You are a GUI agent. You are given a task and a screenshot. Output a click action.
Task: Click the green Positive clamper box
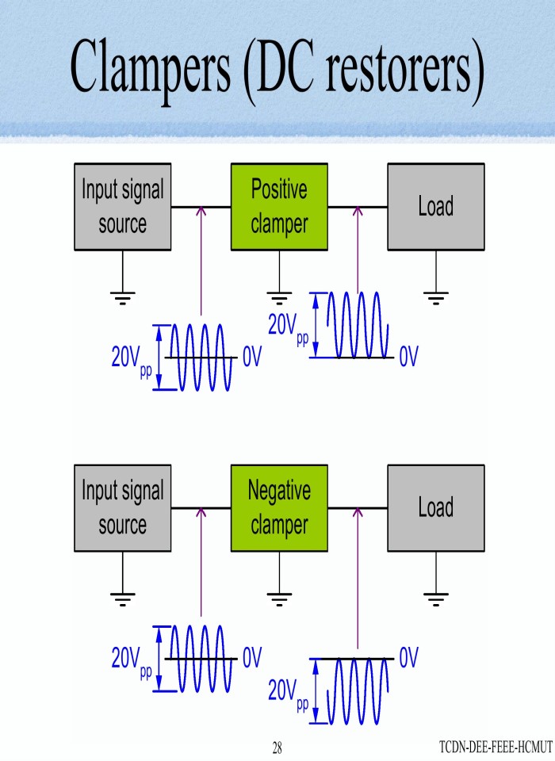(x=278, y=207)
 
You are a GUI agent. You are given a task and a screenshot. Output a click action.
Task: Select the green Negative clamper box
(x=278, y=508)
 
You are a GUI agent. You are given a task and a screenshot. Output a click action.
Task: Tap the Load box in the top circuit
(x=435, y=207)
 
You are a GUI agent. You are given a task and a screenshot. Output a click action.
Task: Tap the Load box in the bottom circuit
(x=435, y=508)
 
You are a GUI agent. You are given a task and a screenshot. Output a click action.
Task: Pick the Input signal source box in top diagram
(x=122, y=207)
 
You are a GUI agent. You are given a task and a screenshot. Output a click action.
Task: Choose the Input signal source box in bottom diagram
(x=122, y=508)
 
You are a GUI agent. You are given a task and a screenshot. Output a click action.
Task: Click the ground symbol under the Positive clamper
(x=278, y=297)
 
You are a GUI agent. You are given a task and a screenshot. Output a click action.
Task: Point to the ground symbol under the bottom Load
(x=435, y=598)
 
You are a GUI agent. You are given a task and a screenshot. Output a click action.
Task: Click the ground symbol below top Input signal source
(x=122, y=297)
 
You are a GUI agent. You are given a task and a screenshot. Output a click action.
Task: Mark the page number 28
(x=277, y=748)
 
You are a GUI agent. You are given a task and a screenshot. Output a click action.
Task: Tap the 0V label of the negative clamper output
(x=408, y=658)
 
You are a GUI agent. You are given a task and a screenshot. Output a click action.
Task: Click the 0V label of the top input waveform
(x=252, y=358)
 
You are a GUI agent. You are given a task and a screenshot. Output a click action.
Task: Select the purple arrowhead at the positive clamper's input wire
(x=201, y=211)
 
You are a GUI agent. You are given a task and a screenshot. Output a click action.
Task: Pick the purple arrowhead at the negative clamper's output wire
(x=358, y=512)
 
